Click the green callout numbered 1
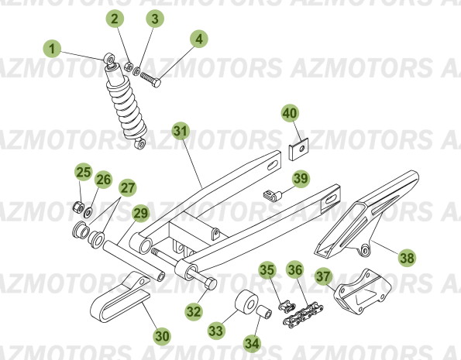pos(52,50)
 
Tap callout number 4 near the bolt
pos(200,38)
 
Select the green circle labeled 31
pos(180,130)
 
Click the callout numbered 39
pos(300,178)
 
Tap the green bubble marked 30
pos(161,336)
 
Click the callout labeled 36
pos(295,270)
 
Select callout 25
pos(83,172)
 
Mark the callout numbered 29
pos(140,213)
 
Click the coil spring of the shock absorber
pos(127,108)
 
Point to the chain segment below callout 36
pos(301,307)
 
